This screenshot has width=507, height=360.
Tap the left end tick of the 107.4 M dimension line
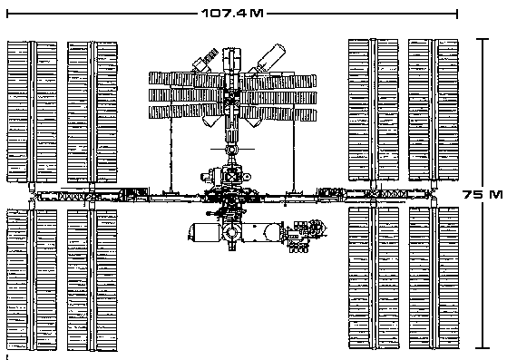click(7, 14)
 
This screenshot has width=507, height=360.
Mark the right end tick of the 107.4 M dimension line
click(458, 14)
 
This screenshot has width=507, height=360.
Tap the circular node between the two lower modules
click(232, 233)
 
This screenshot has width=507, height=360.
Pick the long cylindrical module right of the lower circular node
click(266, 233)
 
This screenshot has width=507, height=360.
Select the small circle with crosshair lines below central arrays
click(231, 148)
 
